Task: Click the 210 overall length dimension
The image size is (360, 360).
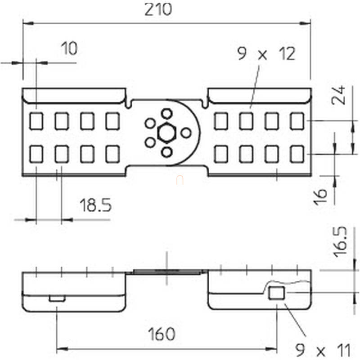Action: pos(158,9)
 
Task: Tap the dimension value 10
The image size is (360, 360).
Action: pos(69,49)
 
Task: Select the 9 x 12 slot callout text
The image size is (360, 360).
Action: pos(266,54)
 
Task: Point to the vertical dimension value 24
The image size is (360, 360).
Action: pos(339,95)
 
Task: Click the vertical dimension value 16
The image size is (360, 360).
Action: pos(320,197)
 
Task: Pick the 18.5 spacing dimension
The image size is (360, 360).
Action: pos(95,205)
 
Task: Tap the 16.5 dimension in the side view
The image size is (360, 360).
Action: pos(340,242)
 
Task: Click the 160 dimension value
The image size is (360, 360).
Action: pos(162,334)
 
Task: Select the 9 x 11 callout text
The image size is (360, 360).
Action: pos(323,350)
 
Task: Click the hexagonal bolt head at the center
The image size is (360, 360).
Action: pos(166,133)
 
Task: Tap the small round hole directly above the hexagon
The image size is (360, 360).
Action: pos(166,114)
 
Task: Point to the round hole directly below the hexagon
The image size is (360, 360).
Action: pos(166,152)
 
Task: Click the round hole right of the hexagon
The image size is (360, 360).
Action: pos(186,133)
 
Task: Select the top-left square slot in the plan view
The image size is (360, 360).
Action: pos(36,121)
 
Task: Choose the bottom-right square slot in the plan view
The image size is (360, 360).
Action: pos(297,154)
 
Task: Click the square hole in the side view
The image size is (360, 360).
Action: pos(277,293)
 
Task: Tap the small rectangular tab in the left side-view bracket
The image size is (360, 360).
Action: pos(57,299)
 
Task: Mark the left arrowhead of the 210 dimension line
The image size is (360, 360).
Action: pos(28,23)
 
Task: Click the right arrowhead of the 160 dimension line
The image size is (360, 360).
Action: pos(271,349)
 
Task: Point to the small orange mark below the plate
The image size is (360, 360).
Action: pos(180,180)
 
